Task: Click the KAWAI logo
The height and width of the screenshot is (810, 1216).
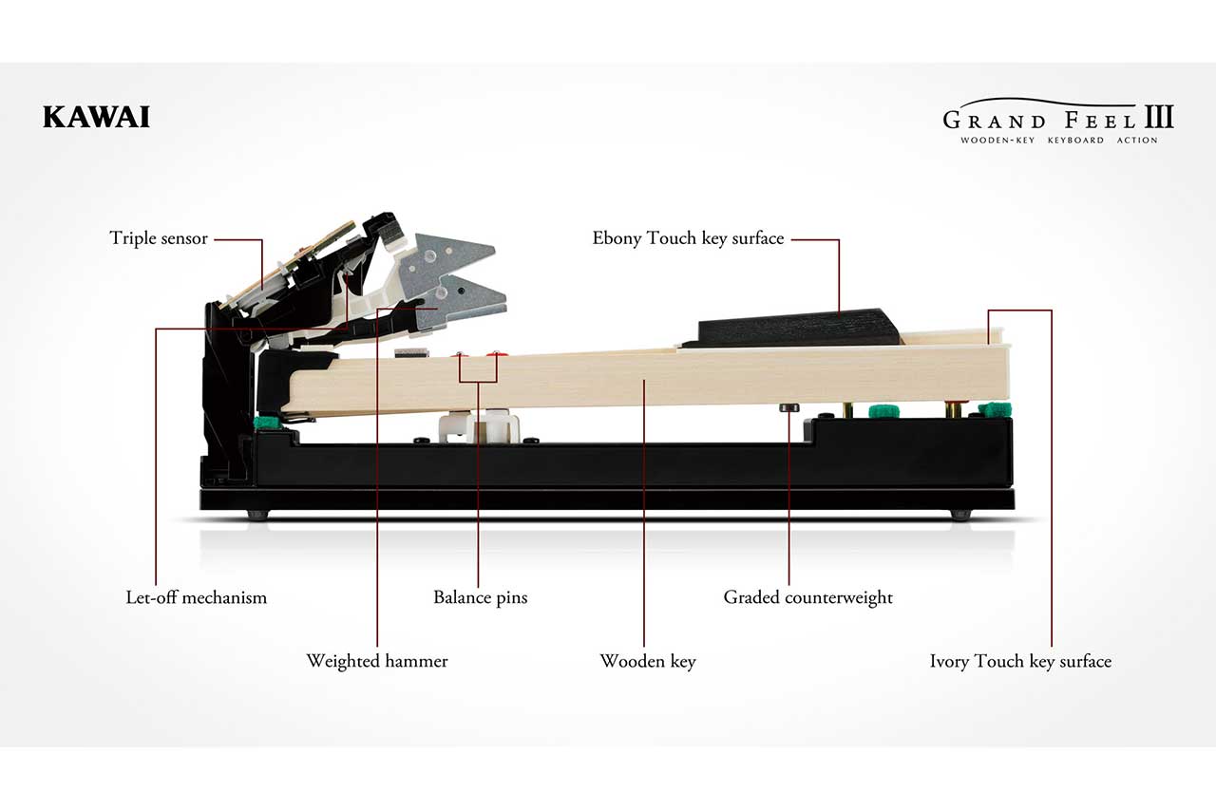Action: (x=96, y=117)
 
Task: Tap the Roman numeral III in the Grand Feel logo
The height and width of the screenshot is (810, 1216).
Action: (x=1159, y=117)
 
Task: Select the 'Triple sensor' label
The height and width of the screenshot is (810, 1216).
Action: (x=159, y=238)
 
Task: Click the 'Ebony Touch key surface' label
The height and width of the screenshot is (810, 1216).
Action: (x=688, y=238)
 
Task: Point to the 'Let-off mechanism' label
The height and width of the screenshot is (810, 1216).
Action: (x=197, y=597)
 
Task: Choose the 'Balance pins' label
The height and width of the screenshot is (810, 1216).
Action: (x=481, y=597)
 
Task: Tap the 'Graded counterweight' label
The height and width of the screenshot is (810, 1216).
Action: (x=807, y=597)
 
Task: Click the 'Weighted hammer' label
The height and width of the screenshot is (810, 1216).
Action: (x=377, y=661)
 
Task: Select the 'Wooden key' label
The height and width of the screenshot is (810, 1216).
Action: (x=648, y=661)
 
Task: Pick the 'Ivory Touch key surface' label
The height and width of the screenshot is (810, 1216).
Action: (x=1020, y=661)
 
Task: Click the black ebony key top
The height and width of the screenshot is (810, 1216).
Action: (x=791, y=328)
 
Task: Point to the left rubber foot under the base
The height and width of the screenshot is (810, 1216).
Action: (x=257, y=515)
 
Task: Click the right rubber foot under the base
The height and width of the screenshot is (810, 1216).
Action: (x=960, y=515)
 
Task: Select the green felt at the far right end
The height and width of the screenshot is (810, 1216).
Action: (x=995, y=409)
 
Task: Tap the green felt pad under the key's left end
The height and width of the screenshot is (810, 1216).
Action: (x=268, y=424)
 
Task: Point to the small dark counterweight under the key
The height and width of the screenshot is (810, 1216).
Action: (x=788, y=408)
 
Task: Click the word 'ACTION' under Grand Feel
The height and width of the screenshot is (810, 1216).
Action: (x=1137, y=140)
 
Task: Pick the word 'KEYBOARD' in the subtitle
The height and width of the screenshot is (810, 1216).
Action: (x=1075, y=140)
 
